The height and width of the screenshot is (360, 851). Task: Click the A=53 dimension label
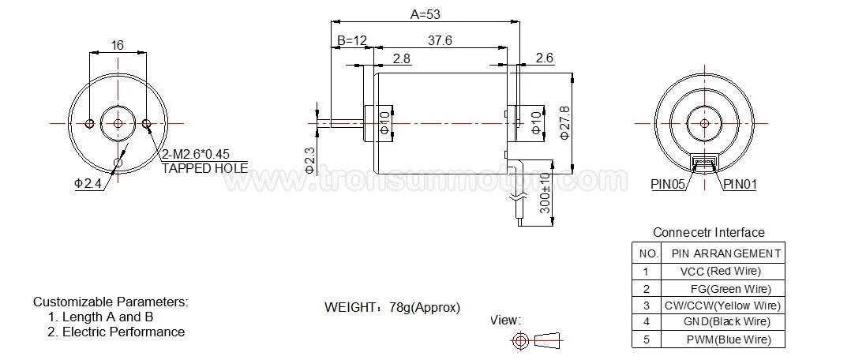pos(425,15)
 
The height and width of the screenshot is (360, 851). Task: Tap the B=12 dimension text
pos(352,40)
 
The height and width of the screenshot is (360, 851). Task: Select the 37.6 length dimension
pos(440,40)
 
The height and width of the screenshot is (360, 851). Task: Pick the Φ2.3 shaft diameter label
pos(310,160)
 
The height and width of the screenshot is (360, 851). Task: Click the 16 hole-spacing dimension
pos(117,45)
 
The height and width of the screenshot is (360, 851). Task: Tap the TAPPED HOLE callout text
pos(204,168)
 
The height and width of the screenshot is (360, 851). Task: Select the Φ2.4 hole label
pos(88,183)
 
